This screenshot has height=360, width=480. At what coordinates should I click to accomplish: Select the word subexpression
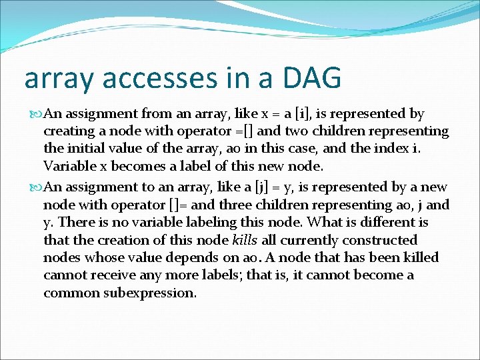click(x=150, y=293)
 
